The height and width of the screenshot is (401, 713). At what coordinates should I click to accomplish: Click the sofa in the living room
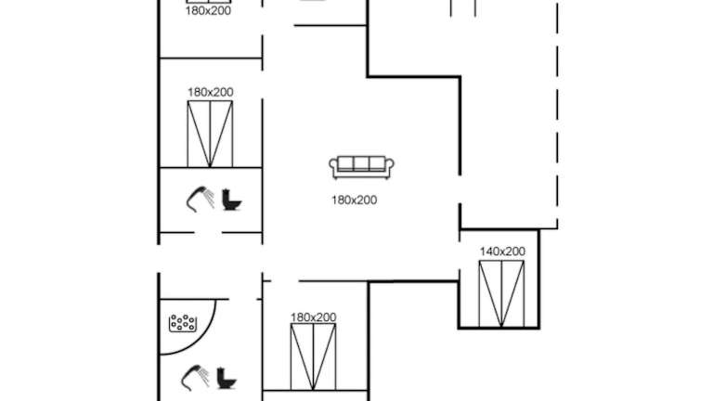click(362, 167)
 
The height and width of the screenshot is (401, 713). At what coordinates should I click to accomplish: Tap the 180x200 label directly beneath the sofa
click(355, 200)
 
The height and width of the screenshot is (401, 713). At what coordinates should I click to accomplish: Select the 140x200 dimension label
click(502, 252)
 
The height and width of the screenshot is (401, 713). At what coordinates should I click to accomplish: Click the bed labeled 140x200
click(502, 293)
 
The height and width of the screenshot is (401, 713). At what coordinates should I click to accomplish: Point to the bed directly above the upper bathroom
click(211, 134)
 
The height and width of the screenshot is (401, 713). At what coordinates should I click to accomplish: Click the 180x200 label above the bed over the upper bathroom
click(210, 92)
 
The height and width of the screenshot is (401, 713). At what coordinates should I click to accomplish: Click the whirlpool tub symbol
click(183, 324)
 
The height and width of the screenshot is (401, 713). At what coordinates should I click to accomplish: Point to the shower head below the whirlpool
click(195, 377)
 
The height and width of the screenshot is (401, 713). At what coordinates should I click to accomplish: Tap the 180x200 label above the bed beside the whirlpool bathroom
click(314, 317)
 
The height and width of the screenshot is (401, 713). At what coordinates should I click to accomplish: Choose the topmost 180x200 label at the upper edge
click(208, 11)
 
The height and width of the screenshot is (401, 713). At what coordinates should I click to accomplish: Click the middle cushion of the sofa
click(362, 165)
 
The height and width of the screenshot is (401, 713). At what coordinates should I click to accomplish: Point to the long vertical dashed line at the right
click(559, 111)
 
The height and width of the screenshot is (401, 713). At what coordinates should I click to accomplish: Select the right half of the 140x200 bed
click(513, 293)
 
